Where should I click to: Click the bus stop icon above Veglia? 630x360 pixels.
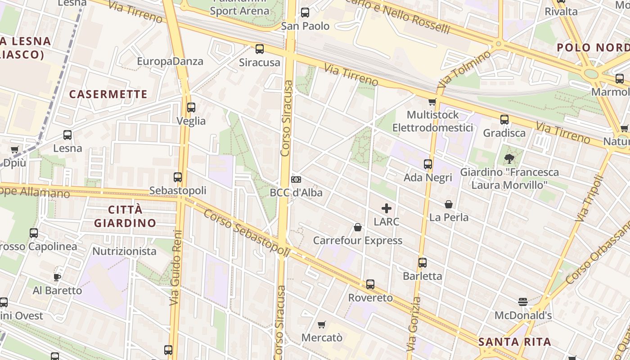pos(191,108)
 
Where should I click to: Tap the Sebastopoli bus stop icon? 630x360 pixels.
pos(178,177)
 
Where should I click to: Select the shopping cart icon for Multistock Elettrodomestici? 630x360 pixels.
pos(432,102)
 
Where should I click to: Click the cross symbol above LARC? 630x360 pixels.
pos(387,208)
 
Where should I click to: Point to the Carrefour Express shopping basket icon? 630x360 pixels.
pos(358,227)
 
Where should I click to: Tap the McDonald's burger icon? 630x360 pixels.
pos(523,301)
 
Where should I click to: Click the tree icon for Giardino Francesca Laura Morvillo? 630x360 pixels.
pos(509,158)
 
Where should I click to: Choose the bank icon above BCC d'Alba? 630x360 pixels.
pos(296,180)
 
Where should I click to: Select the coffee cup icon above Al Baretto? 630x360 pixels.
pos(57,277)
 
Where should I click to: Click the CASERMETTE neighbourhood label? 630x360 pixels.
pos(108,94)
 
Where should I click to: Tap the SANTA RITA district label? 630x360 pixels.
pos(515,342)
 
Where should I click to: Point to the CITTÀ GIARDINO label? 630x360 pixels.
pos(125,216)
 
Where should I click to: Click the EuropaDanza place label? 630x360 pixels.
pos(170,61)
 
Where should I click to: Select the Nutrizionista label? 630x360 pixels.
pos(125,251)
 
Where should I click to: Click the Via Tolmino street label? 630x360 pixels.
pos(464,69)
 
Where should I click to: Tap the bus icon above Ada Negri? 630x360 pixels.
pos(427,164)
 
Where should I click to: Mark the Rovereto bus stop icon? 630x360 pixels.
pos(370,284)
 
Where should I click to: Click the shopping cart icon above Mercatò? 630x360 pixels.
pos(321,324)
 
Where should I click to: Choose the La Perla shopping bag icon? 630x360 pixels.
pos(449,204)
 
